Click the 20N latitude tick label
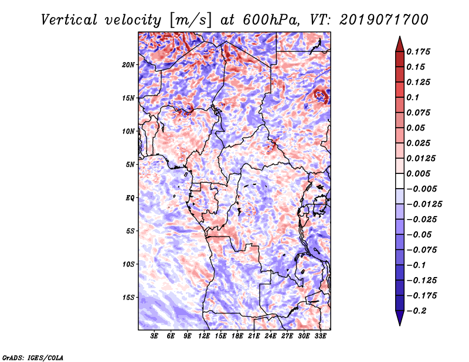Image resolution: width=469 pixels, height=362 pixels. (x=129, y=64)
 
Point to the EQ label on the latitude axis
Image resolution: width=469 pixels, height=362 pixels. (x=130, y=197)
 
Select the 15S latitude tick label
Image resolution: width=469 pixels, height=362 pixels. (x=129, y=297)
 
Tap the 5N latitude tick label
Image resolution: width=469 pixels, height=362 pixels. (x=130, y=164)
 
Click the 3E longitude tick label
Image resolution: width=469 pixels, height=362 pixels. (x=155, y=336)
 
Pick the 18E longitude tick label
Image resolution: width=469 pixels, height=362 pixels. (x=237, y=336)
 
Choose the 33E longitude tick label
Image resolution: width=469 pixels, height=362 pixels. (x=320, y=336)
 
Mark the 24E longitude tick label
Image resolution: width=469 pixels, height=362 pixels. (x=270, y=336)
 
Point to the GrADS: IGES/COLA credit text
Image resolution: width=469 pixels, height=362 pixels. (x=33, y=357)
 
